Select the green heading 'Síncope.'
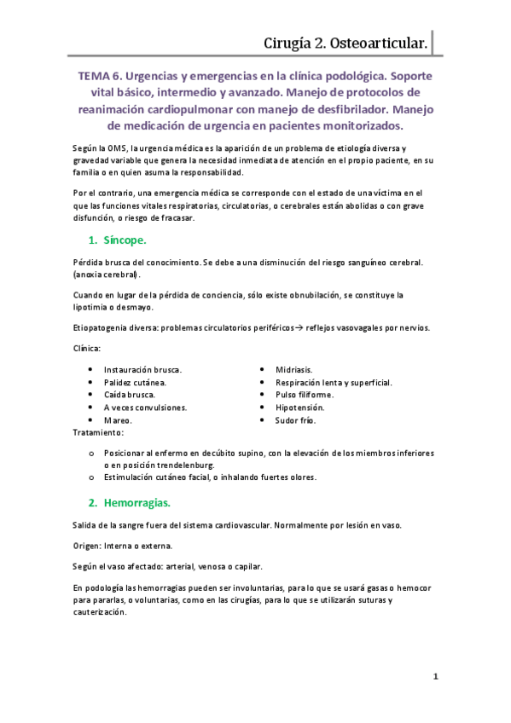[x=124, y=240]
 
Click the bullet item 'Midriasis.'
[x=293, y=369]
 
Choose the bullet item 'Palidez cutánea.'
[x=135, y=382]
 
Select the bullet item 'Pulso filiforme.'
[x=304, y=395]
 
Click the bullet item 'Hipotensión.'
[x=299, y=408]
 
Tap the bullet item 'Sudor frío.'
[x=295, y=420]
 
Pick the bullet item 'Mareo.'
[x=118, y=420]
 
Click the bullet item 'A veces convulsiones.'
[x=145, y=408]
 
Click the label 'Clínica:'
[x=87, y=349]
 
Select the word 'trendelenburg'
[x=186, y=465]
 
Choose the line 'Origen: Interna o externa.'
[x=123, y=545]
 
